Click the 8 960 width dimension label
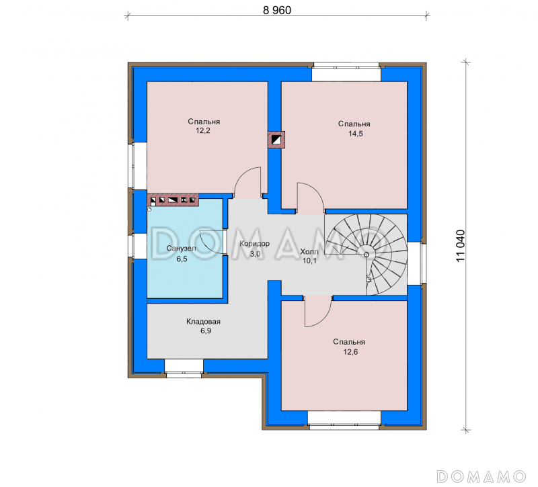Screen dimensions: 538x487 [277, 10]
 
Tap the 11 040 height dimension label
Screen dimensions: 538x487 [461, 246]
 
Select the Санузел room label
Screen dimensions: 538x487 [181, 249]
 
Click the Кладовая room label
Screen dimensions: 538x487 [203, 322]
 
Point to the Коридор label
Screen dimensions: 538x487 [254, 244]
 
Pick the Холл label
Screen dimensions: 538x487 [309, 251]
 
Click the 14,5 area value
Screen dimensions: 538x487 [356, 134]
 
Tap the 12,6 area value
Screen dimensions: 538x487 [350, 352]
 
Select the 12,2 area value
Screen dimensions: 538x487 [203, 130]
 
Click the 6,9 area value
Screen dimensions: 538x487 [206, 330]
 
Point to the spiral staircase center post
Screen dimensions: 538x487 [366, 255]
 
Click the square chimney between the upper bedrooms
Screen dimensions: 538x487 [276, 140]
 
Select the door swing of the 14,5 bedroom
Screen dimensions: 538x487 [315, 192]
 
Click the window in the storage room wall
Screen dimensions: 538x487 [184, 368]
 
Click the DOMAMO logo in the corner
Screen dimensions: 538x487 [482, 476]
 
